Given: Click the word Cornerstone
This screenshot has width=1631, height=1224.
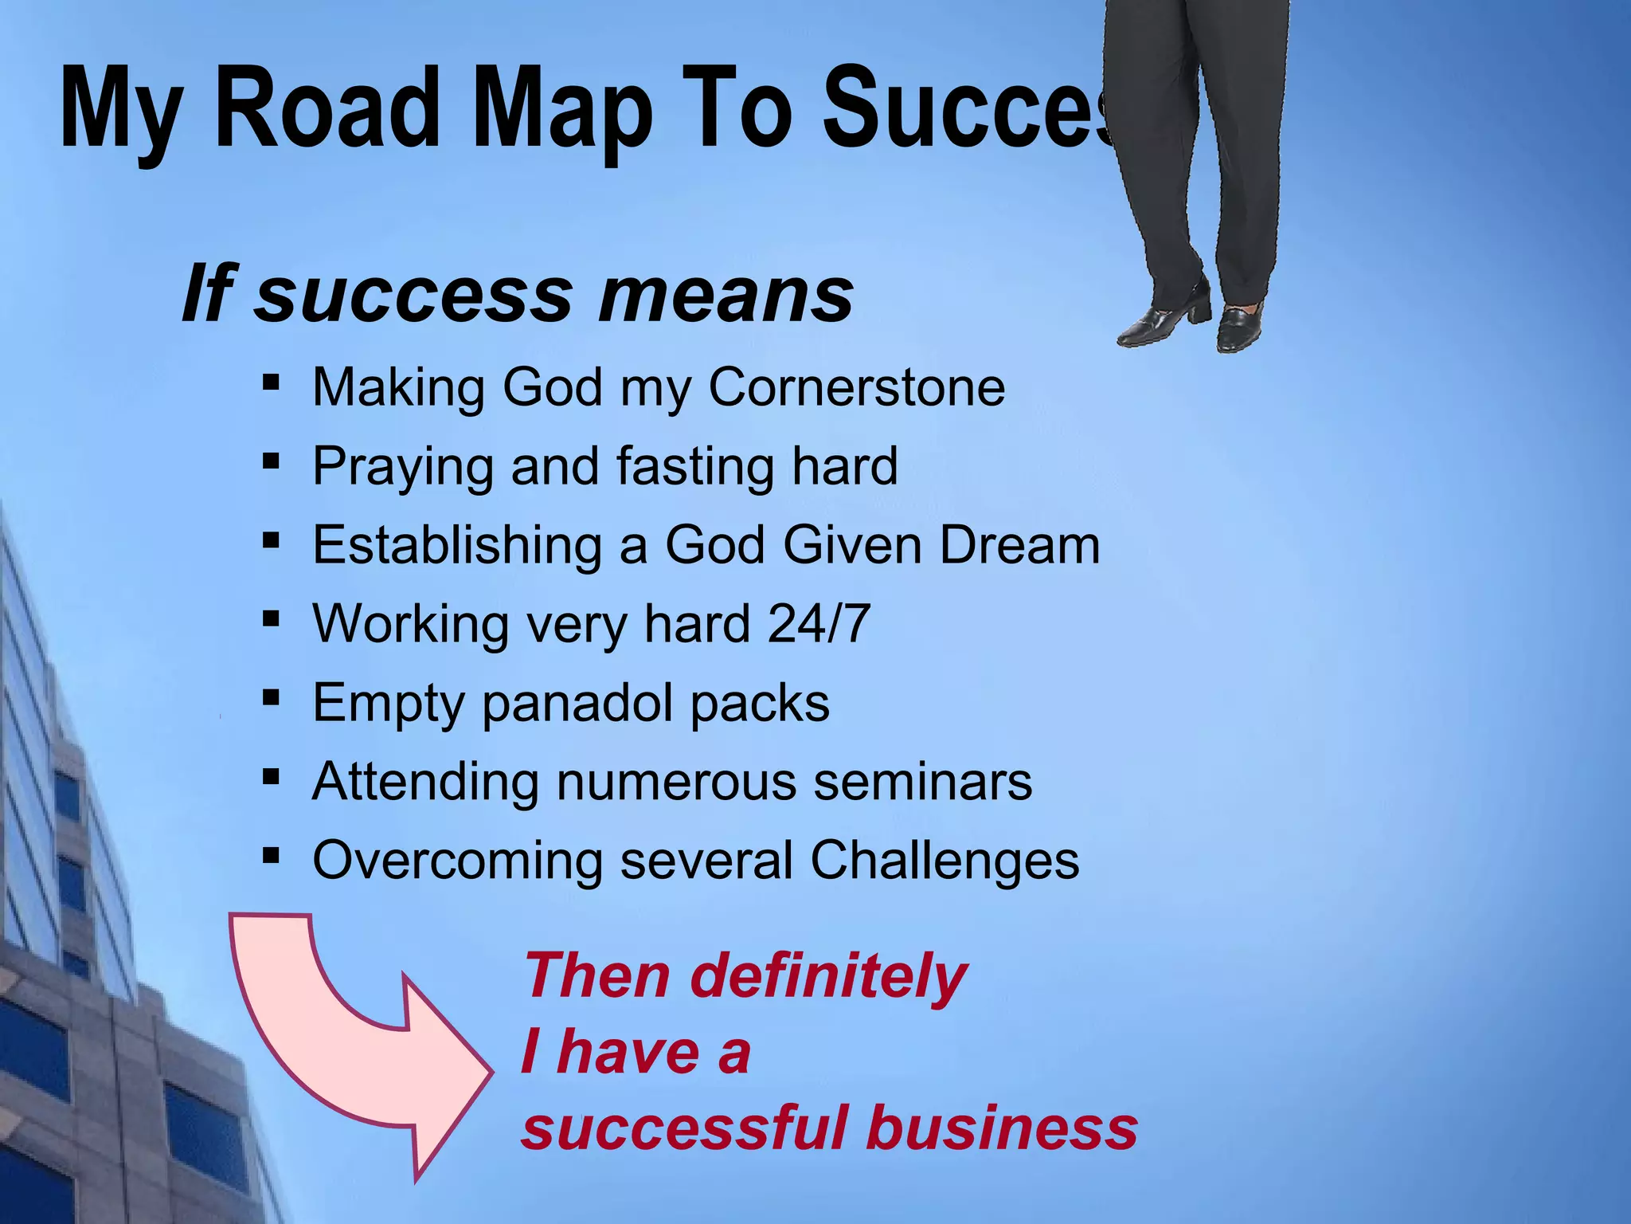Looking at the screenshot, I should click(x=856, y=387).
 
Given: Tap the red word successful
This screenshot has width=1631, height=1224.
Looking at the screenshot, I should click(x=685, y=1128).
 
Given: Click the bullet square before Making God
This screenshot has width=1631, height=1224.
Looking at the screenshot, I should click(x=271, y=383).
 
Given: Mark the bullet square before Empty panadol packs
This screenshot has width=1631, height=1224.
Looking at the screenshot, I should click(x=271, y=699).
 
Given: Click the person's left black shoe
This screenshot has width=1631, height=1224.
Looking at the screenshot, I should click(x=1161, y=319).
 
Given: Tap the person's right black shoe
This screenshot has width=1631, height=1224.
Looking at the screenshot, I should click(x=1239, y=327).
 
